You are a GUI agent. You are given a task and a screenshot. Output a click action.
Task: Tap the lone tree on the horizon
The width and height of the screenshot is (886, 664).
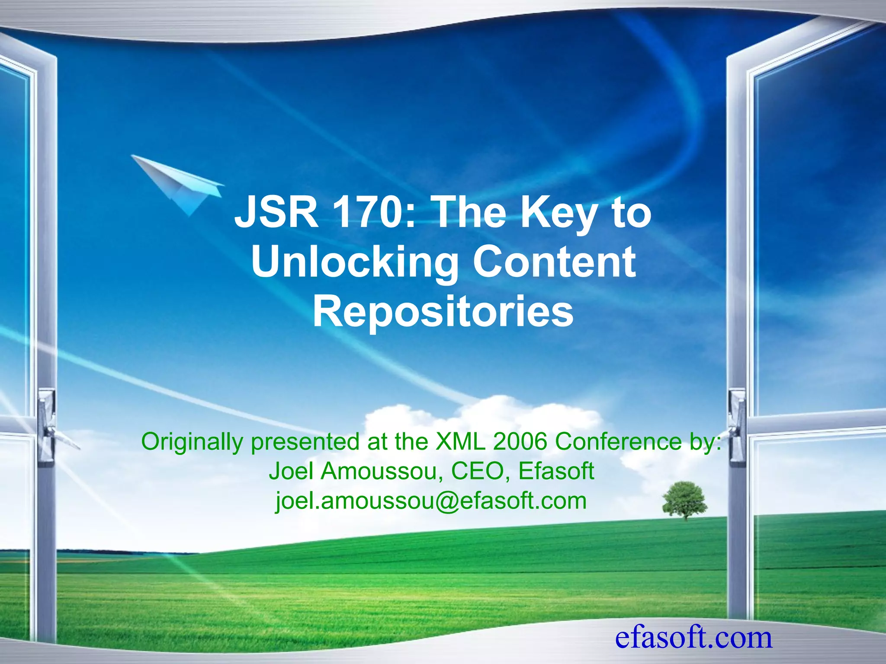pos(684,499)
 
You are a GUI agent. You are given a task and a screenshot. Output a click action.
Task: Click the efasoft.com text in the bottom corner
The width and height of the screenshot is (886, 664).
pos(693,637)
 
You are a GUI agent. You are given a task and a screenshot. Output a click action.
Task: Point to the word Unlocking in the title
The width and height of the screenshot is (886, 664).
pos(354,262)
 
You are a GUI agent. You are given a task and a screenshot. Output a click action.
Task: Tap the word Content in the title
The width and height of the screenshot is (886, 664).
pos(554,262)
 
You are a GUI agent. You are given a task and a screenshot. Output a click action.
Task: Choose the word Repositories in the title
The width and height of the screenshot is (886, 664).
pos(443,311)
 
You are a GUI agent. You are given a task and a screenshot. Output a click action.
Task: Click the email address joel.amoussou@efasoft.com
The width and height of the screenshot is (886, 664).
pos(431,501)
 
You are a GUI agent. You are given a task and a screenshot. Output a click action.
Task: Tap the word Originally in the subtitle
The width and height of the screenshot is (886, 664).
pos(192,442)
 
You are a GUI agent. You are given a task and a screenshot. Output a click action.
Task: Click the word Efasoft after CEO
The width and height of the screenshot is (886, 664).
pos(556,471)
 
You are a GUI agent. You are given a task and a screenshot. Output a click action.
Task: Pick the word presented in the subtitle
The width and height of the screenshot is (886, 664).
pos(305,442)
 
